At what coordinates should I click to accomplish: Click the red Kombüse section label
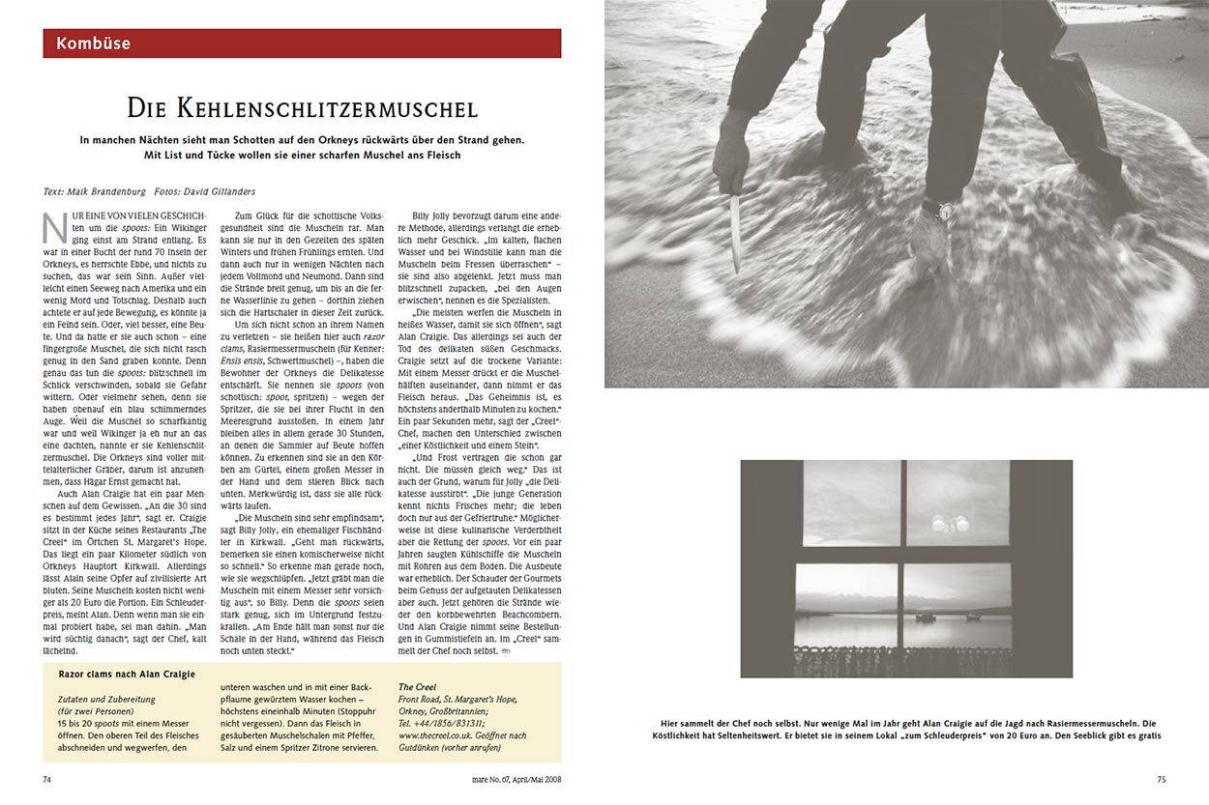point(94,43)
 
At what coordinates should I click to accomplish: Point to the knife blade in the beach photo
point(735,232)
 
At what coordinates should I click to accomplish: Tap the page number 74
point(48,779)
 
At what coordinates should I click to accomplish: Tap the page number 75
point(1162,779)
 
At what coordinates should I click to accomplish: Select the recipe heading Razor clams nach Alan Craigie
point(127,674)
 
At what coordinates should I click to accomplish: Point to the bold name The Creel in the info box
point(417,687)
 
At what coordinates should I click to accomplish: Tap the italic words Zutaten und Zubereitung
point(106,699)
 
